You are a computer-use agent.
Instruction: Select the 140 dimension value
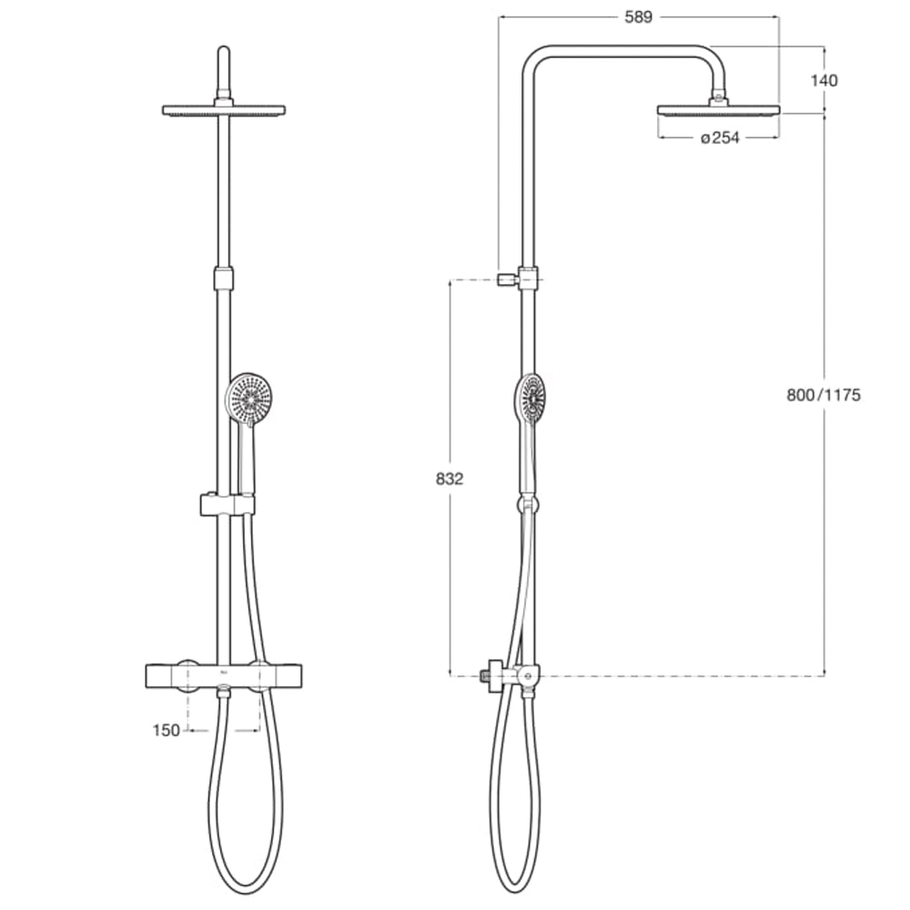pyautogui.click(x=824, y=80)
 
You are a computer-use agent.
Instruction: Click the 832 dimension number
pyautogui.click(x=450, y=479)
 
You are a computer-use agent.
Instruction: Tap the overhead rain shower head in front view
pyautogui.click(x=223, y=110)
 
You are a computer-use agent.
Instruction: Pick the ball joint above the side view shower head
pyautogui.click(x=719, y=96)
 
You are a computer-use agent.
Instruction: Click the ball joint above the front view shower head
pyautogui.click(x=223, y=96)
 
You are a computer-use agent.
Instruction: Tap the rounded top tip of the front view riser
pyautogui.click(x=223, y=50)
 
